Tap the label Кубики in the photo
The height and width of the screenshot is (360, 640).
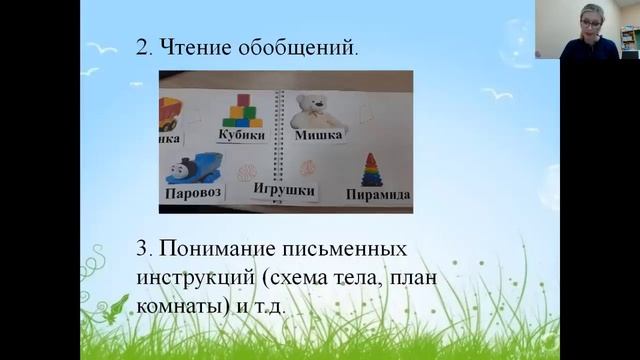tap(240, 136)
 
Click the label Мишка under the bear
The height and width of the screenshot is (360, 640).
tap(317, 136)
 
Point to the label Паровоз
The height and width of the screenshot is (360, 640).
tap(194, 190)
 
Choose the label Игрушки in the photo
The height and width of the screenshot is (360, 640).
tap(283, 189)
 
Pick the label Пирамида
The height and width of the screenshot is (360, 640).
tap(377, 195)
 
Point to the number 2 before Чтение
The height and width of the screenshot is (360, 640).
tap(139, 46)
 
